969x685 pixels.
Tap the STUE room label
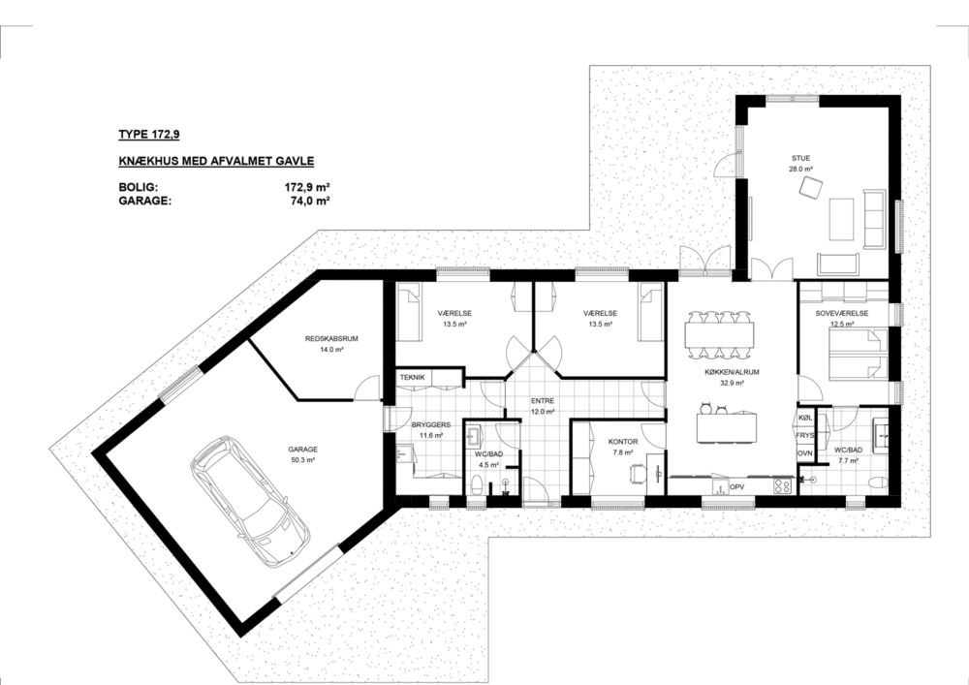click(x=801, y=158)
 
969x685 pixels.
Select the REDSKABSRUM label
click(x=331, y=338)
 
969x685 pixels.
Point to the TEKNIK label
click(x=412, y=378)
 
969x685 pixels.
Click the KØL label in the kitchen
click(x=804, y=419)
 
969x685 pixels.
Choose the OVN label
click(x=804, y=452)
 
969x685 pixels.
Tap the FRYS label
click(x=805, y=435)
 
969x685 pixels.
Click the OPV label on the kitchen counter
click(x=736, y=487)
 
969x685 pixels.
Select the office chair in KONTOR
click(x=638, y=473)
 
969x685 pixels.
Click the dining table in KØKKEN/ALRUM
click(x=719, y=333)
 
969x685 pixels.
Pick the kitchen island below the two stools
click(x=726, y=427)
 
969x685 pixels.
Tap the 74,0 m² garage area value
click(x=309, y=201)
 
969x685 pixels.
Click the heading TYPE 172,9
click(x=149, y=134)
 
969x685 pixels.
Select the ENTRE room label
click(x=543, y=401)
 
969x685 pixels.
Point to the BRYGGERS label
click(x=431, y=425)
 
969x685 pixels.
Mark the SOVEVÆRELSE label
click(x=842, y=313)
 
